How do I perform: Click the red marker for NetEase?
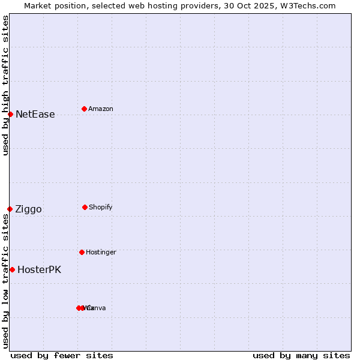10,114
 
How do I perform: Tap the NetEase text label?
35,115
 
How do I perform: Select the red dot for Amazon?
84,109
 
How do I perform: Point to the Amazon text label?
100,109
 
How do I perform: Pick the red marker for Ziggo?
10,209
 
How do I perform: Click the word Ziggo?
28,209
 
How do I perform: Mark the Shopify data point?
85,207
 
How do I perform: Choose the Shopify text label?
100,207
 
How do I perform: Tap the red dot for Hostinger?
82,252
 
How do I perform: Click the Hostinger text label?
101,252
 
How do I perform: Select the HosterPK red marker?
12,269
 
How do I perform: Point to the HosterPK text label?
39,270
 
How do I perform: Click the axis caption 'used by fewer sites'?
62,355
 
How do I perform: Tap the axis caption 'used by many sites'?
301,355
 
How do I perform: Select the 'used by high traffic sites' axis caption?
5,85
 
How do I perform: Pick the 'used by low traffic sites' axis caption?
5,281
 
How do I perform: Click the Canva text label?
96,308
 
